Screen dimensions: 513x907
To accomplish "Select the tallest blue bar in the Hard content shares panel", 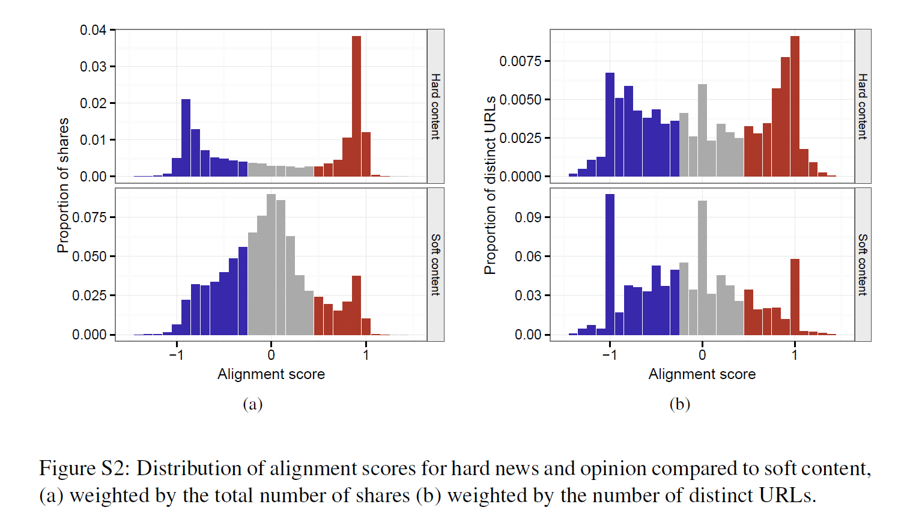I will [x=186, y=138].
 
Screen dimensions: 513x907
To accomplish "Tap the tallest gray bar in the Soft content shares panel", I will [x=271, y=264].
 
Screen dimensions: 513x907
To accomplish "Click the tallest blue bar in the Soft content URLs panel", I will [x=610, y=264].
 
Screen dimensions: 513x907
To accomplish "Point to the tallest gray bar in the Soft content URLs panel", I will [x=702, y=267].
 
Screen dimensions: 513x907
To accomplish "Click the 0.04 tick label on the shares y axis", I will [x=93, y=30].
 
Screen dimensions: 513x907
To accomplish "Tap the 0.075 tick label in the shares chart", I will [x=89, y=217].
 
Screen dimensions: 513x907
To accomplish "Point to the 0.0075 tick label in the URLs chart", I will [x=520, y=61].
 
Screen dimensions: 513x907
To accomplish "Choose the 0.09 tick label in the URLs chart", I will [x=529, y=217].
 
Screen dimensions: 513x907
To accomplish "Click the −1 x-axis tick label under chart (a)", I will [x=176, y=355].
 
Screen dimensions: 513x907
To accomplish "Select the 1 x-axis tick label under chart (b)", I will [x=795, y=355].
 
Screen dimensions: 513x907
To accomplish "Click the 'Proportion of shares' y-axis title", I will [x=63, y=185].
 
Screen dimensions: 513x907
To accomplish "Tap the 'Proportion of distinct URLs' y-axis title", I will [x=491, y=185].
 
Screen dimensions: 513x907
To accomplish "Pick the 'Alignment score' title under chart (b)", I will [x=702, y=374].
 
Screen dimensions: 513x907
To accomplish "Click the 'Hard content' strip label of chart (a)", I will [x=435, y=106].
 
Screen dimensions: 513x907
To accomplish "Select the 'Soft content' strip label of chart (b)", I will [x=863, y=264].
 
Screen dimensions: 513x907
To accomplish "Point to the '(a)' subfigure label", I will [x=253, y=404].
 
